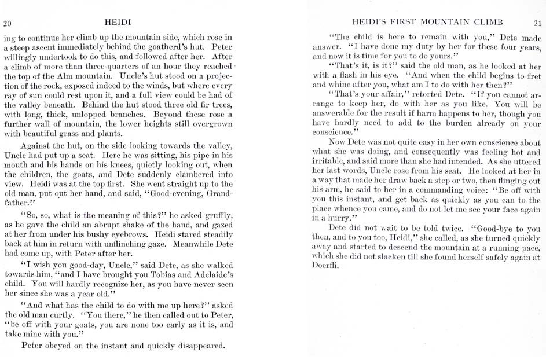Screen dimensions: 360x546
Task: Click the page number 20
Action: pyautogui.click(x=8, y=23)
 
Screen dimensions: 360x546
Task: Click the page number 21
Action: pyautogui.click(x=537, y=23)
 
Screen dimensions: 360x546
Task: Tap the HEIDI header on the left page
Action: pyautogui.click(x=118, y=23)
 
